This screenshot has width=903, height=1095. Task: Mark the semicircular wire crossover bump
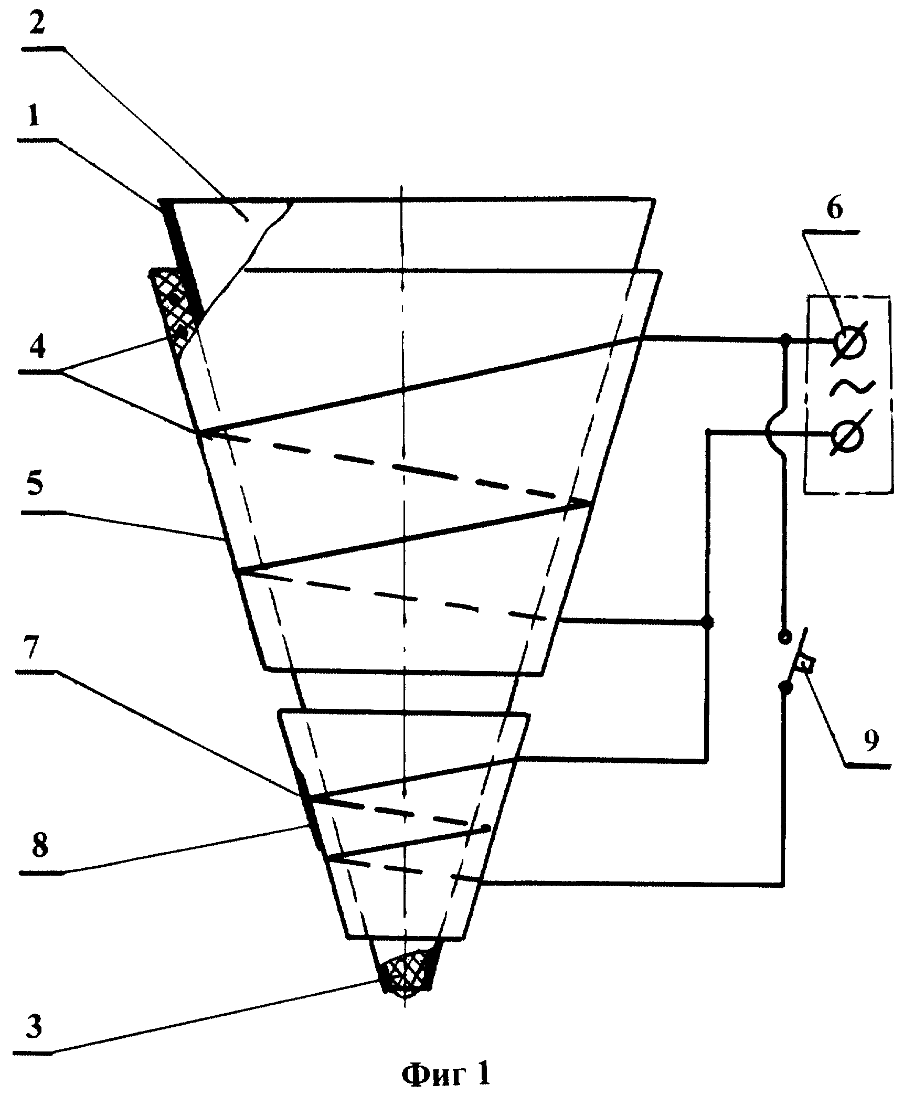click(x=775, y=433)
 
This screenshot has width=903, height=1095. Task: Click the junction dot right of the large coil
click(x=707, y=623)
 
